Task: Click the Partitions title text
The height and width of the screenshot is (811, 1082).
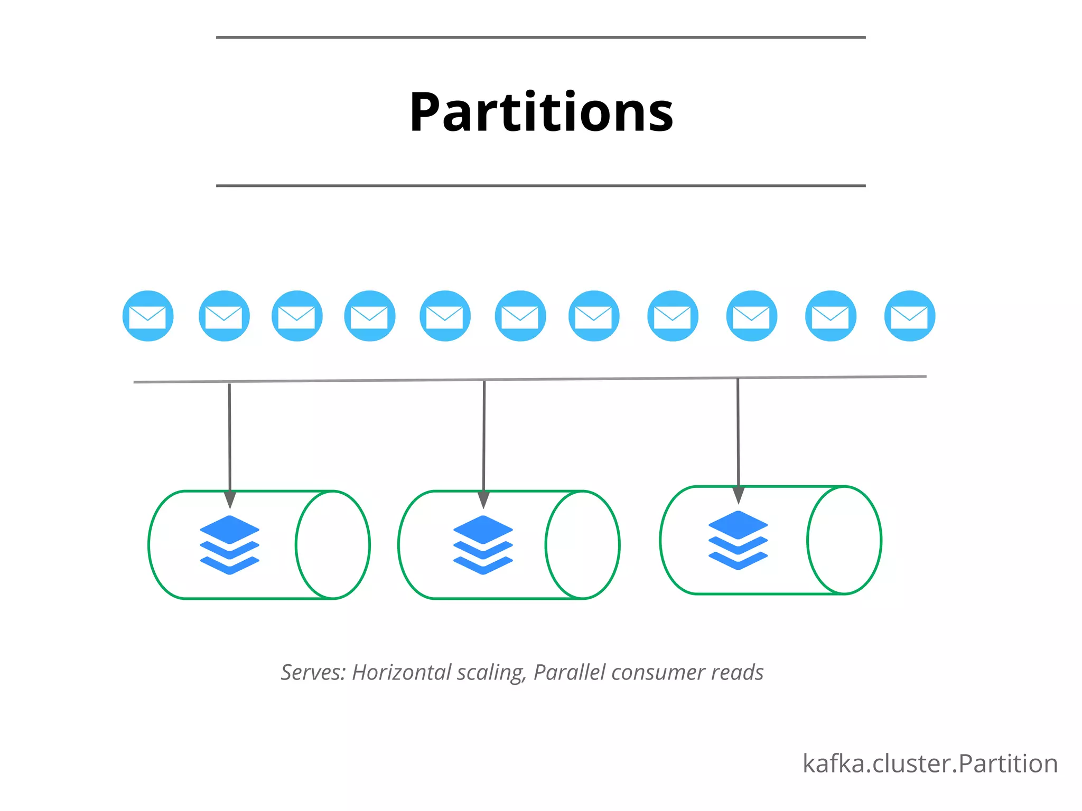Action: [541, 112]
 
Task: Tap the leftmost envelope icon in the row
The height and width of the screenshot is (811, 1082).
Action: [148, 316]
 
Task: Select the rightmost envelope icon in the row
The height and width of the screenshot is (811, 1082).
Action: [909, 316]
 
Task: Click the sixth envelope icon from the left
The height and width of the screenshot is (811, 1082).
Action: [520, 316]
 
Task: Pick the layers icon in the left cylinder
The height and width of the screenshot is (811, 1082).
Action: [230, 545]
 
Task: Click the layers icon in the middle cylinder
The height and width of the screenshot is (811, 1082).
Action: [483, 545]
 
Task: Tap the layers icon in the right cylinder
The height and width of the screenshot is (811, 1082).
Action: [738, 540]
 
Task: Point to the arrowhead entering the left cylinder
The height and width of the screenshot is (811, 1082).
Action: [230, 499]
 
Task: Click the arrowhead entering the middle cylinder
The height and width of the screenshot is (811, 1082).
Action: [483, 499]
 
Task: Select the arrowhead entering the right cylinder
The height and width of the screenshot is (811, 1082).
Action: [739, 495]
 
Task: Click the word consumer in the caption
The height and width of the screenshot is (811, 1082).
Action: [658, 673]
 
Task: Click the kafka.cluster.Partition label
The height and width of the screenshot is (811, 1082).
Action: [930, 764]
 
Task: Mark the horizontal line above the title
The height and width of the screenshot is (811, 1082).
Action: [541, 37]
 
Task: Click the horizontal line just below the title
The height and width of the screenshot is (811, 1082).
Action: [541, 186]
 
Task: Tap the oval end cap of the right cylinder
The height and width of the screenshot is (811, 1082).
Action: [844, 540]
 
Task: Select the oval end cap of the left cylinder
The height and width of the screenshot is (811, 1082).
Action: [333, 545]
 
